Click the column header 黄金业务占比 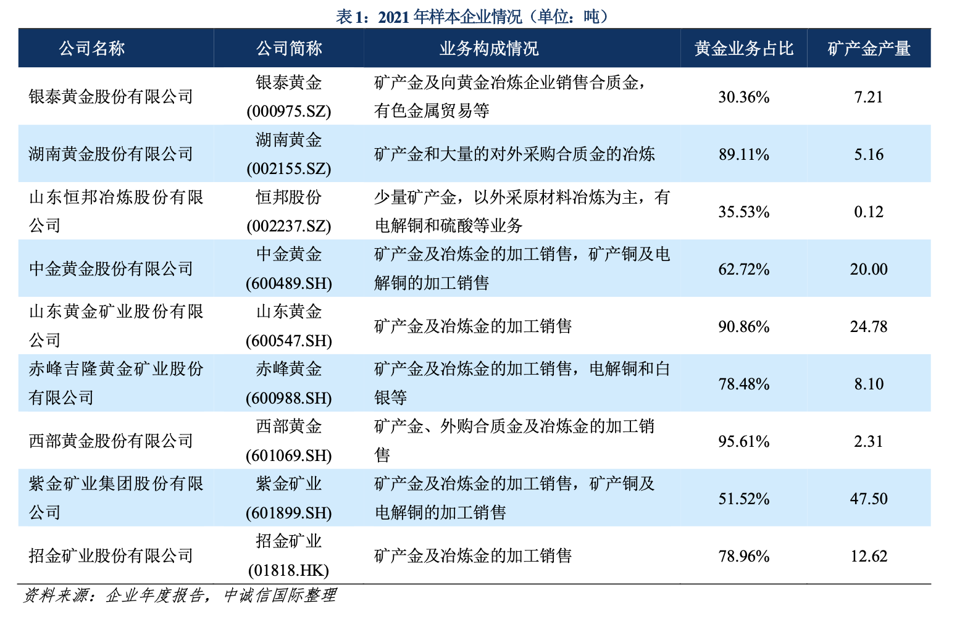coord(743,49)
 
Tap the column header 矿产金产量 coord(869,49)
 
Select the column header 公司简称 coord(289,49)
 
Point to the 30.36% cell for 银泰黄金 coord(743,97)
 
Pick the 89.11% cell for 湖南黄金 coord(743,154)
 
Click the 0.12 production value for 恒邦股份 coord(869,212)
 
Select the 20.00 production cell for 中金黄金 coord(869,269)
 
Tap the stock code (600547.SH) coord(289,341)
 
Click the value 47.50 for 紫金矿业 coord(869,499)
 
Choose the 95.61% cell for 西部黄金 coord(743,441)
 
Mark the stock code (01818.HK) coord(289,570)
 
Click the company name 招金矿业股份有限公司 coord(111,556)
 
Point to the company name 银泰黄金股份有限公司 coord(111,97)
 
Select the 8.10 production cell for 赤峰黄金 coord(869,384)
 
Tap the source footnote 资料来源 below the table coord(179,596)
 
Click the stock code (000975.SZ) coord(289,111)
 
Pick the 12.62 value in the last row coord(869,556)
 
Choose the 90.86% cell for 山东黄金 coord(743,326)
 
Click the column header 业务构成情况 coord(488,49)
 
